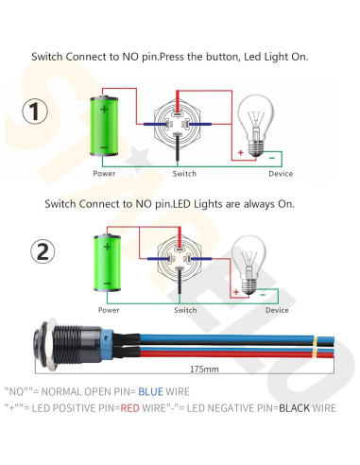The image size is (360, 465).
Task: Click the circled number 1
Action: (36, 112)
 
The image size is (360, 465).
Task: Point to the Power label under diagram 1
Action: (105, 174)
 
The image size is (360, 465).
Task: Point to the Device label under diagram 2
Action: (277, 309)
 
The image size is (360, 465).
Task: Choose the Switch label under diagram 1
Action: (184, 174)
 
